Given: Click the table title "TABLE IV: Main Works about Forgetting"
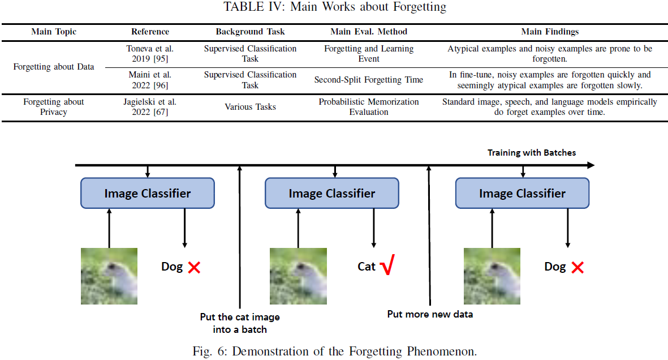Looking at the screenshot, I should point(334,7).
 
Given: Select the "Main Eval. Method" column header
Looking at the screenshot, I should point(368,32).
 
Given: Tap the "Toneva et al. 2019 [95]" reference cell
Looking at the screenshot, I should point(150,54).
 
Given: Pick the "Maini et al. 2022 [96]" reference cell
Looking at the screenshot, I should point(150,80).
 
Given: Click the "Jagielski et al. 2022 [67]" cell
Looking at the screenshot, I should point(150,107).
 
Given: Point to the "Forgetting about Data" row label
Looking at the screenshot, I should point(54,67).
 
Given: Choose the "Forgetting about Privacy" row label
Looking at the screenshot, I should point(54,107).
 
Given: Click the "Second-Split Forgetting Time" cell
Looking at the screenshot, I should point(368,80).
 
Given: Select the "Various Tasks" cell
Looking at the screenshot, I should point(250,107).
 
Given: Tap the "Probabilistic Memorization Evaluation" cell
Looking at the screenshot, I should point(368,107).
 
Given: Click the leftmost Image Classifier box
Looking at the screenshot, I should point(148,194).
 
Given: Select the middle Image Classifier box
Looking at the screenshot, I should point(332,194).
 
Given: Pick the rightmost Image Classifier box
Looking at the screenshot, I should point(522,194).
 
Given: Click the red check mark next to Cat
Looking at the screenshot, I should point(387,266).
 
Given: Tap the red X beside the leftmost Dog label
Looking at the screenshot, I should point(194,267).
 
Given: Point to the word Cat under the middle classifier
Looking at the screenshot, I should point(367,267).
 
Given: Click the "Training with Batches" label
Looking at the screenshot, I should point(532,153).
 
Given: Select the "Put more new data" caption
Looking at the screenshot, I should point(430,314).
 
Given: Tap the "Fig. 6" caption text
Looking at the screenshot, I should point(334,351).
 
